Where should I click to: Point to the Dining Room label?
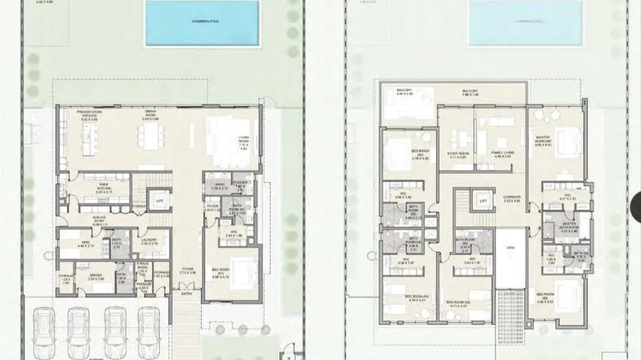coord(151,114)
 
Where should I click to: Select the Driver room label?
coord(96,276)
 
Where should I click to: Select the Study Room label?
coord(457,154)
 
